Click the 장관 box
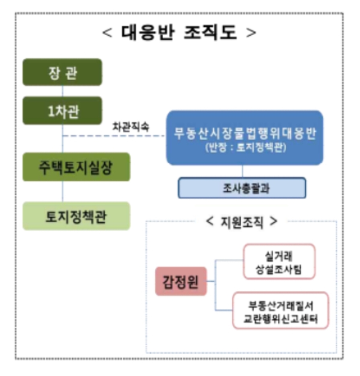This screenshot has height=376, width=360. pyautogui.click(x=62, y=72)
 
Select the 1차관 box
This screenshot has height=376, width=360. pyautogui.click(x=62, y=110)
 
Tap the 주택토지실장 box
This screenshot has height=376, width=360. pyautogui.click(x=76, y=167)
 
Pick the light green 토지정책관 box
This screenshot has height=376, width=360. pyautogui.click(x=76, y=216)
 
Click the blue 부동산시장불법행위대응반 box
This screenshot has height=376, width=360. pyautogui.click(x=245, y=138)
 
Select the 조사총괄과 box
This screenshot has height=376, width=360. pyautogui.click(x=242, y=188)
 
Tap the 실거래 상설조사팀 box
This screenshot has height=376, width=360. pyautogui.click(x=279, y=261)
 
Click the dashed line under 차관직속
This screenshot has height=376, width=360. pyautogui.click(x=114, y=136)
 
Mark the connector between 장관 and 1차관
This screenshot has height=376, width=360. pyautogui.click(x=63, y=91)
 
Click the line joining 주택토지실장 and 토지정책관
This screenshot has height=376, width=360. pyautogui.click(x=63, y=192)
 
